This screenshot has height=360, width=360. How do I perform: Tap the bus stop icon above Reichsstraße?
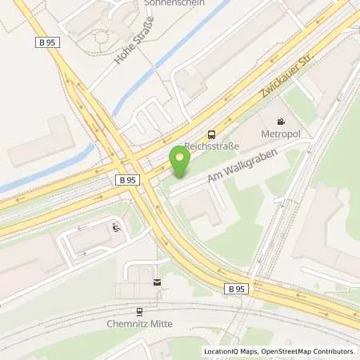[211, 134]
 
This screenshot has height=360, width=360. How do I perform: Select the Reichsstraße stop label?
[208, 146]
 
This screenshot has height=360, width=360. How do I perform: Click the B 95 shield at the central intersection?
[126, 180]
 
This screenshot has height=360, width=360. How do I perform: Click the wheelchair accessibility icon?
[117, 227]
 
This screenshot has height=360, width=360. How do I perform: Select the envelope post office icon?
[157, 282]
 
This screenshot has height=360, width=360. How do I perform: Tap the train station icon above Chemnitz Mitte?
[139, 311]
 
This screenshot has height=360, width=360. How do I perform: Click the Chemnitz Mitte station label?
[139, 324]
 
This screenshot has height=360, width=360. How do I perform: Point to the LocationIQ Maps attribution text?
[231, 351]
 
